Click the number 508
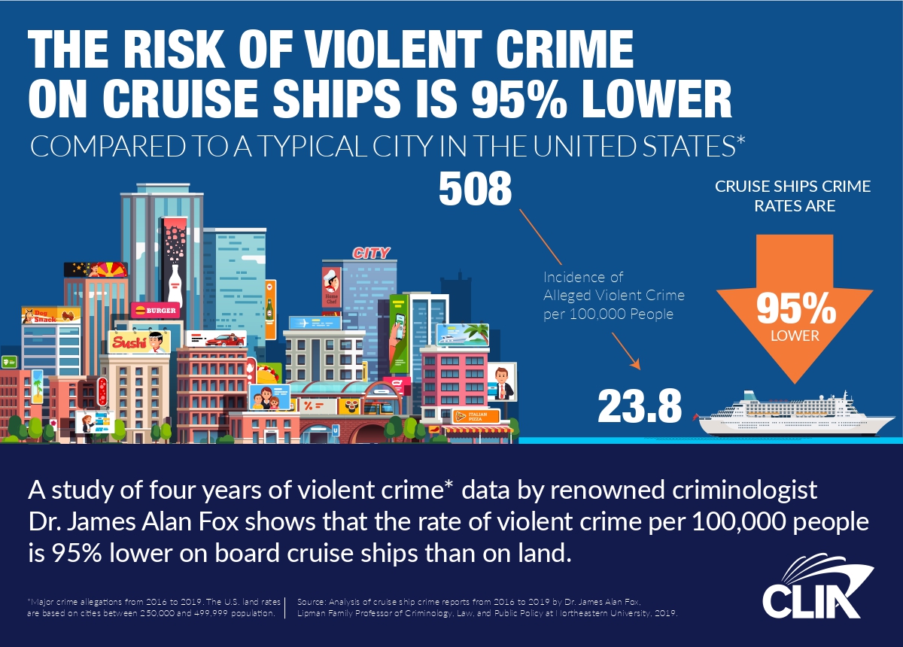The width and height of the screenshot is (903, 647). [x=475, y=191]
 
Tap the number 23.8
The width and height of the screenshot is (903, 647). [x=640, y=407]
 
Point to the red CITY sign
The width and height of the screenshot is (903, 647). [x=371, y=254]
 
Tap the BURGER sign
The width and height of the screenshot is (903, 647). [x=155, y=310]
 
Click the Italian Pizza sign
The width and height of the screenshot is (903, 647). [x=476, y=415]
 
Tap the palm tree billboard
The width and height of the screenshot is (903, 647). [x=463, y=335]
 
